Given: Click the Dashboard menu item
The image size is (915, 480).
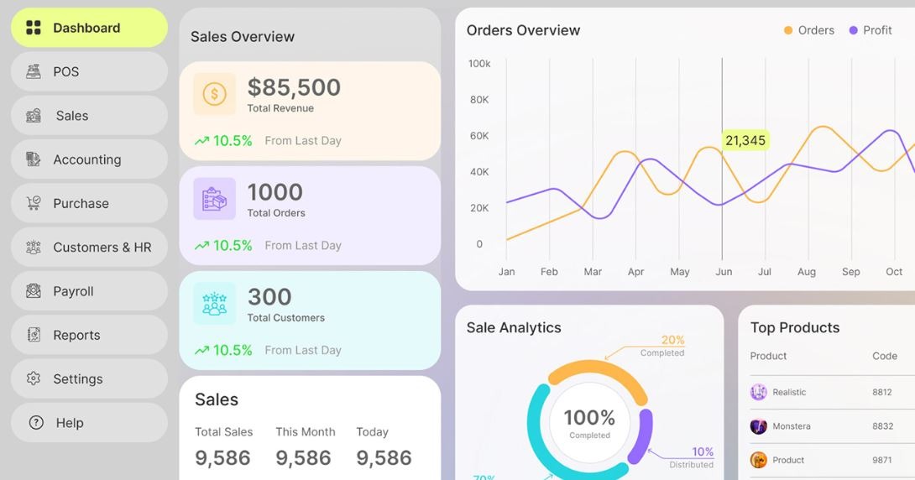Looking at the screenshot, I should coord(86,28).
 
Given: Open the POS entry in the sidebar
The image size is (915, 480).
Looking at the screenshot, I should coord(65,71).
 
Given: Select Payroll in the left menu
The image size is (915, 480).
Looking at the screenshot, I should coord(73,291).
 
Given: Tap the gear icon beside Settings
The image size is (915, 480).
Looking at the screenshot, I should coord(34,378).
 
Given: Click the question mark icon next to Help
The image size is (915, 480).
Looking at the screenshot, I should coord(36,423).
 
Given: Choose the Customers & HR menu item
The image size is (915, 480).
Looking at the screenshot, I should coord(102,248).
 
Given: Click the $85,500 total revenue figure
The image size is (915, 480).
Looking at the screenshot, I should coord(294,87).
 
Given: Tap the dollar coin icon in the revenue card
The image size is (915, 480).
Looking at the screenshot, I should coord(214,94).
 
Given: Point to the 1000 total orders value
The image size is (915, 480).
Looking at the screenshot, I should coord(274,192).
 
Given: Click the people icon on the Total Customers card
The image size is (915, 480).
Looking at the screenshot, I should coord(214,304).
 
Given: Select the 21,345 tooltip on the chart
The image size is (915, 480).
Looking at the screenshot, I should coord(745,140).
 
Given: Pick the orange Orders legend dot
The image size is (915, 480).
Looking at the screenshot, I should coord(788,30).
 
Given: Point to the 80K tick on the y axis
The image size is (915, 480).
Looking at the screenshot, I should coord(479,100).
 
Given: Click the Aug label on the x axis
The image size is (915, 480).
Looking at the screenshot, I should coord(807,272).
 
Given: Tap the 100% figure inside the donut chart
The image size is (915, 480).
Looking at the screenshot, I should coord(589,417).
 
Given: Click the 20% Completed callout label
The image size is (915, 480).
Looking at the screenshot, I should coord(672,341).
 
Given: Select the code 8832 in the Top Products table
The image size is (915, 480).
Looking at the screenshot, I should coord(882,426).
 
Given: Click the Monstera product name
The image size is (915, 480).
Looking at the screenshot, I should coord(792,426).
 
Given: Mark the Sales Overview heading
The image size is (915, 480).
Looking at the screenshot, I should coord(243,37).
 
